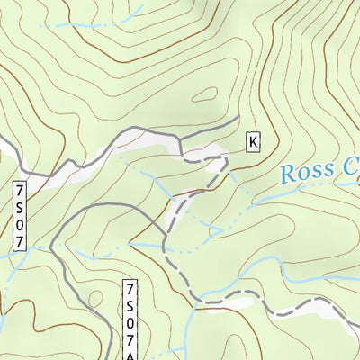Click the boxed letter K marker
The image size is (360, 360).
pos(253,141)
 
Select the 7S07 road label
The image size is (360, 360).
pos(22,216)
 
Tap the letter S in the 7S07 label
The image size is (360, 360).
pos(22,206)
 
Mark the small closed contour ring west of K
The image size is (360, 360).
pos(204,94)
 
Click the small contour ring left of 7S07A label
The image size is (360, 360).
pos(94,297)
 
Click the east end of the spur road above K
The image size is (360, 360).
pos(238,118)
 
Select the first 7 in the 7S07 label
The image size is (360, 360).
pos(22,193)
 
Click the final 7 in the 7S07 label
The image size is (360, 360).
pos(22,240)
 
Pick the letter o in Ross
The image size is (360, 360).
pos(305,175)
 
